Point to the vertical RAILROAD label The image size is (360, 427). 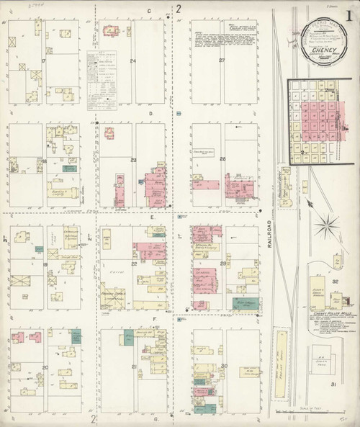click(x=269, y=234)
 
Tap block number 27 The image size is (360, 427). click(x=222, y=60)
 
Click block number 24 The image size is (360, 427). click(x=133, y=61)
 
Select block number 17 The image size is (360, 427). click(x=44, y=61)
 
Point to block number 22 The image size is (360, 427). click(x=135, y=264)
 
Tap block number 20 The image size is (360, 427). click(x=45, y=368)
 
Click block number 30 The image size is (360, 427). click(x=225, y=366)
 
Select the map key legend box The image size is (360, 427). click(x=102, y=79)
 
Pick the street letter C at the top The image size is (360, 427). click(x=149, y=11)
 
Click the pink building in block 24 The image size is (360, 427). click(x=111, y=30)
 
